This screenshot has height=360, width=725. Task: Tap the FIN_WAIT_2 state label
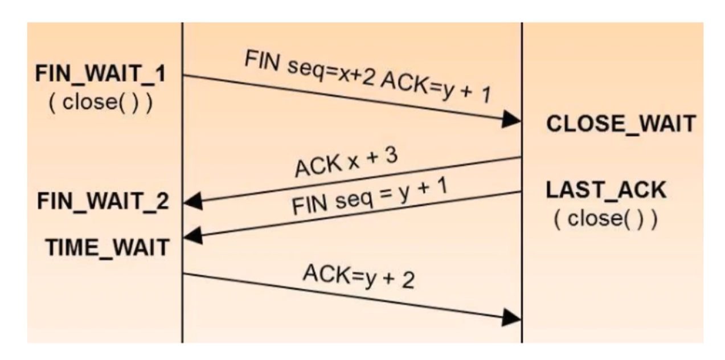click(103, 202)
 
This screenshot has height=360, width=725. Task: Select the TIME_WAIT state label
click(108, 248)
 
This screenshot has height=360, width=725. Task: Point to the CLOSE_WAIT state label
click(621, 124)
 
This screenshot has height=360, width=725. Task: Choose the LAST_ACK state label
click(606, 190)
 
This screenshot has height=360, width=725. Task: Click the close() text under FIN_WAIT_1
click(100, 103)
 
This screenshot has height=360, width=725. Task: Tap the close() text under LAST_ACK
click(606, 219)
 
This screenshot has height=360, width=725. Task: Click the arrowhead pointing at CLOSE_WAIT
click(511, 119)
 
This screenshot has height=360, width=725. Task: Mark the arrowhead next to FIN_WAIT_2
click(193, 202)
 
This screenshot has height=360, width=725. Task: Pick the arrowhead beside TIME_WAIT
click(193, 236)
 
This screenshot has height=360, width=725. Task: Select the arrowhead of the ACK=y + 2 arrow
click(511, 318)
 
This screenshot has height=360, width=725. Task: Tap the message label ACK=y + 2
click(359, 276)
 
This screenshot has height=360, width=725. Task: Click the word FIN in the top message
click(262, 60)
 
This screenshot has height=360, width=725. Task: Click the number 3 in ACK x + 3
click(392, 155)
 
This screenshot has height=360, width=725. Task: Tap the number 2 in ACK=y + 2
click(408, 280)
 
